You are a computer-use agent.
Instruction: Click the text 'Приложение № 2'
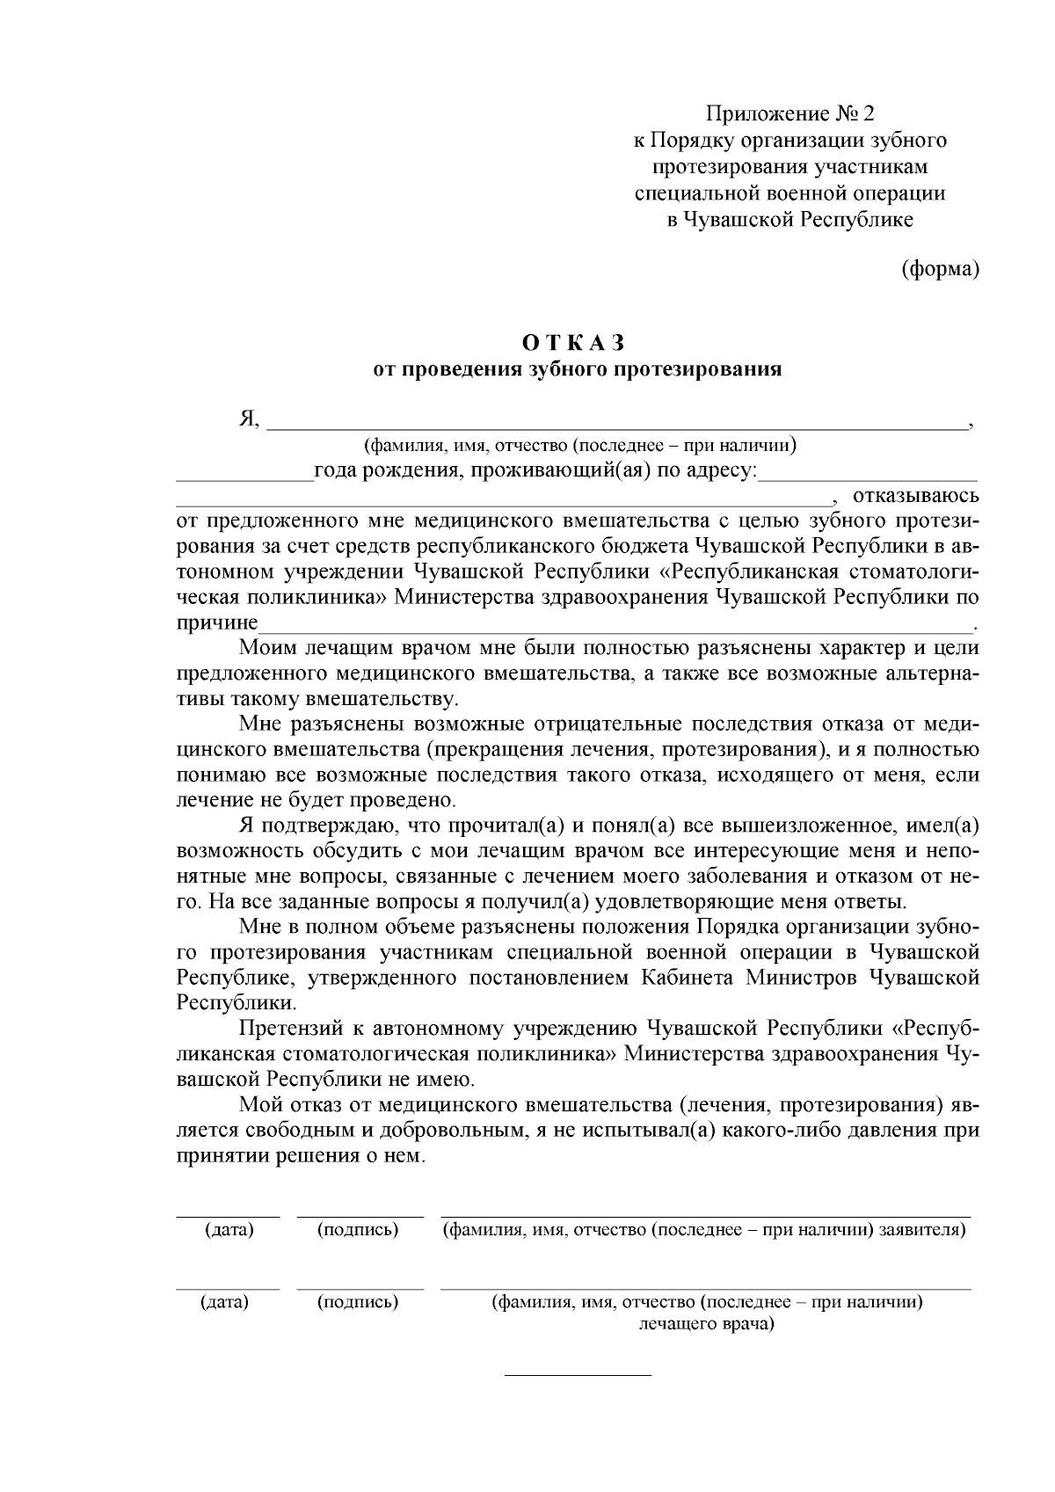[x=790, y=113]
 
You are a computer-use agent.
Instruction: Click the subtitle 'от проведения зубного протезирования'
[x=578, y=368]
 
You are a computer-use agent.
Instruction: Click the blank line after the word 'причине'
[x=615, y=626]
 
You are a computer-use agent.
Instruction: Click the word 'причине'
[x=217, y=623]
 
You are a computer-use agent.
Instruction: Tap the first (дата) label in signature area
[x=229, y=1230]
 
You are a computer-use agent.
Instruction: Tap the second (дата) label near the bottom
[x=225, y=1302]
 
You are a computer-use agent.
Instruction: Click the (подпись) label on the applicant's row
[x=358, y=1230]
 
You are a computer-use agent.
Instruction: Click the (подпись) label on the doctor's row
[x=358, y=1302]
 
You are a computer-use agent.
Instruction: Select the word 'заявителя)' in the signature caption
[x=922, y=1230]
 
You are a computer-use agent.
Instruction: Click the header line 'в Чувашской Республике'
[x=790, y=220]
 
